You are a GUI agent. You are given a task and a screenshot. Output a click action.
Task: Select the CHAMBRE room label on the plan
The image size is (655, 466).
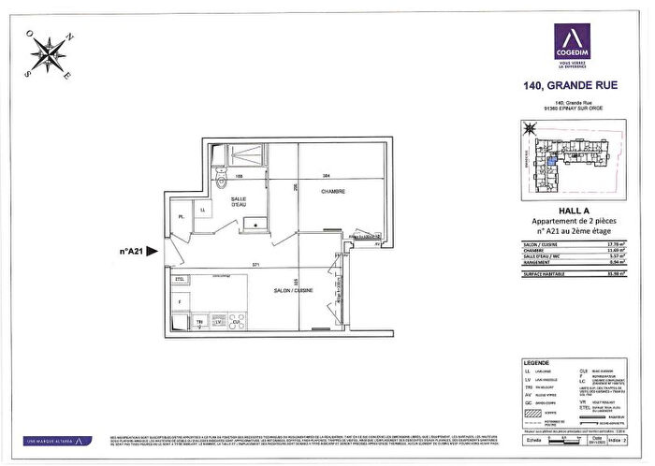333,192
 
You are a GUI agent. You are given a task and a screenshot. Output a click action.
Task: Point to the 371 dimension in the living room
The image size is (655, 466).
253,268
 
